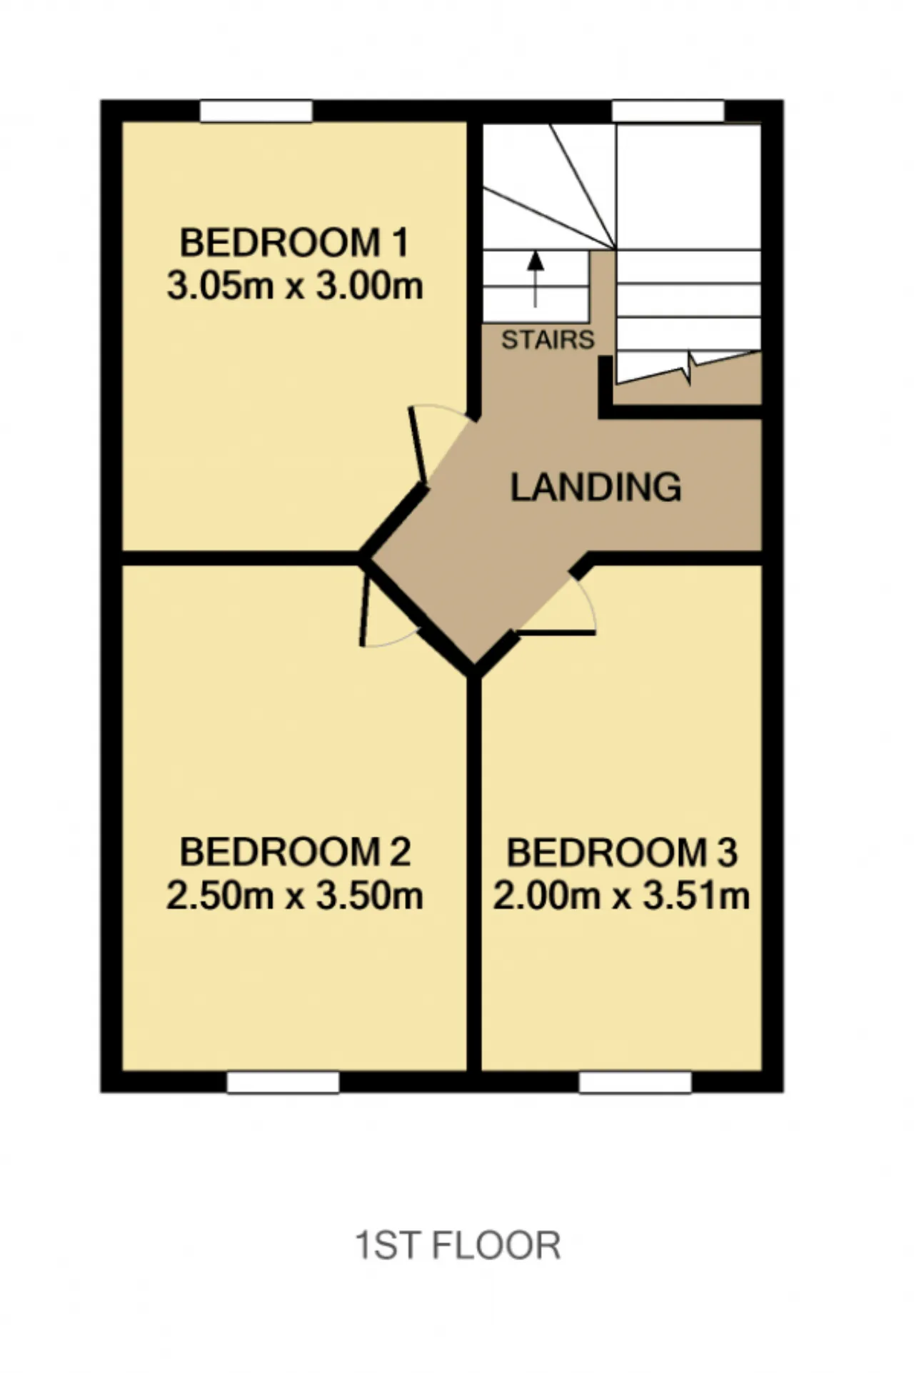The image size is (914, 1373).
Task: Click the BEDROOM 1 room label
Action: (x=293, y=243)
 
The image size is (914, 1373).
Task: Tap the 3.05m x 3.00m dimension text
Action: (x=295, y=286)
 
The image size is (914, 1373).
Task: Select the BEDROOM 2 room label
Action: (x=295, y=852)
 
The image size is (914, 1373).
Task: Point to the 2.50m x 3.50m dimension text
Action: (x=295, y=895)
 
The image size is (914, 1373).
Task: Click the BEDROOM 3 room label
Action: (x=622, y=853)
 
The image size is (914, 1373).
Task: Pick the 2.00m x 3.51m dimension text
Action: (x=621, y=895)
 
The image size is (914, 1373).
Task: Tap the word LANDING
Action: (x=596, y=487)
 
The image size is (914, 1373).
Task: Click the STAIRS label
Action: (x=548, y=340)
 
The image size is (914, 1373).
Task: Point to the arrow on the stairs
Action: (x=536, y=279)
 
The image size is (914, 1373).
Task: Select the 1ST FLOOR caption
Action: (x=458, y=1245)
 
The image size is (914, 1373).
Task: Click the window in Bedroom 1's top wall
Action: (x=256, y=111)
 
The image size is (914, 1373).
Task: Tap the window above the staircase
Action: (x=668, y=111)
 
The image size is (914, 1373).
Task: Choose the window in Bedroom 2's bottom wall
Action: (x=283, y=1082)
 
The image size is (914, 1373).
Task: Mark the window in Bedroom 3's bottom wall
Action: (x=636, y=1082)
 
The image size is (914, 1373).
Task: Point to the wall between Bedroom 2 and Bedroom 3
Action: (x=474, y=875)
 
